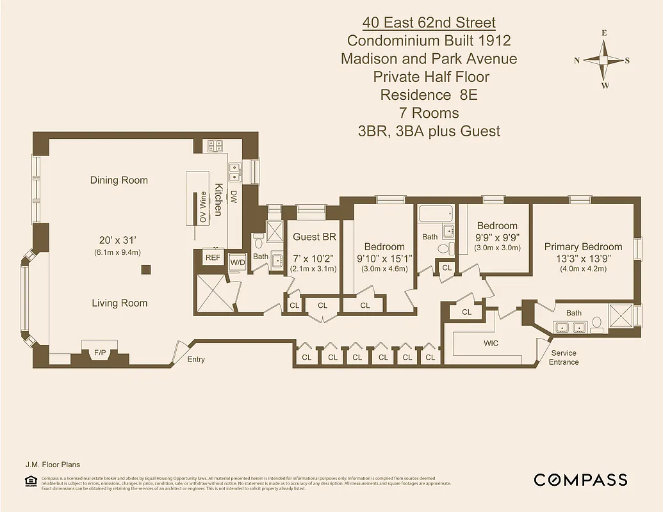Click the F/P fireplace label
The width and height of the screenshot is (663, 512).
pos(100,353)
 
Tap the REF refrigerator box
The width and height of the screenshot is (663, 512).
pos(212,257)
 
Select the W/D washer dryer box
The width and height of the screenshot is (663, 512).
pos(238,262)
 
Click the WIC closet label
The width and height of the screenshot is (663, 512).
pos(491,344)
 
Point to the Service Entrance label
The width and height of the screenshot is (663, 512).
pos(564,357)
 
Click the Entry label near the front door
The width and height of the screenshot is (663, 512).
pos(196,360)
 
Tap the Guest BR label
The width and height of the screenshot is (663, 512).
pos(315,237)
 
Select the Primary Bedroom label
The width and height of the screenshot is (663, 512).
pos(583,246)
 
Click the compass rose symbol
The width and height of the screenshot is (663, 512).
pos(604,60)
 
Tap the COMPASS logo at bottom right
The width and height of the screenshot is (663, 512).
pos(580,480)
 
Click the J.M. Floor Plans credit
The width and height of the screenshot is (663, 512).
pos(53,465)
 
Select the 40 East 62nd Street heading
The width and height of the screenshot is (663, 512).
pos(429,23)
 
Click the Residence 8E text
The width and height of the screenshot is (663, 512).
pos(429,95)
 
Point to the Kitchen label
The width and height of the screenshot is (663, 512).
pos(218,200)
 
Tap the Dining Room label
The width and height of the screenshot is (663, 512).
pos(119,180)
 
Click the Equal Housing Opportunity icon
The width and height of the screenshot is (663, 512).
pos(29,481)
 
